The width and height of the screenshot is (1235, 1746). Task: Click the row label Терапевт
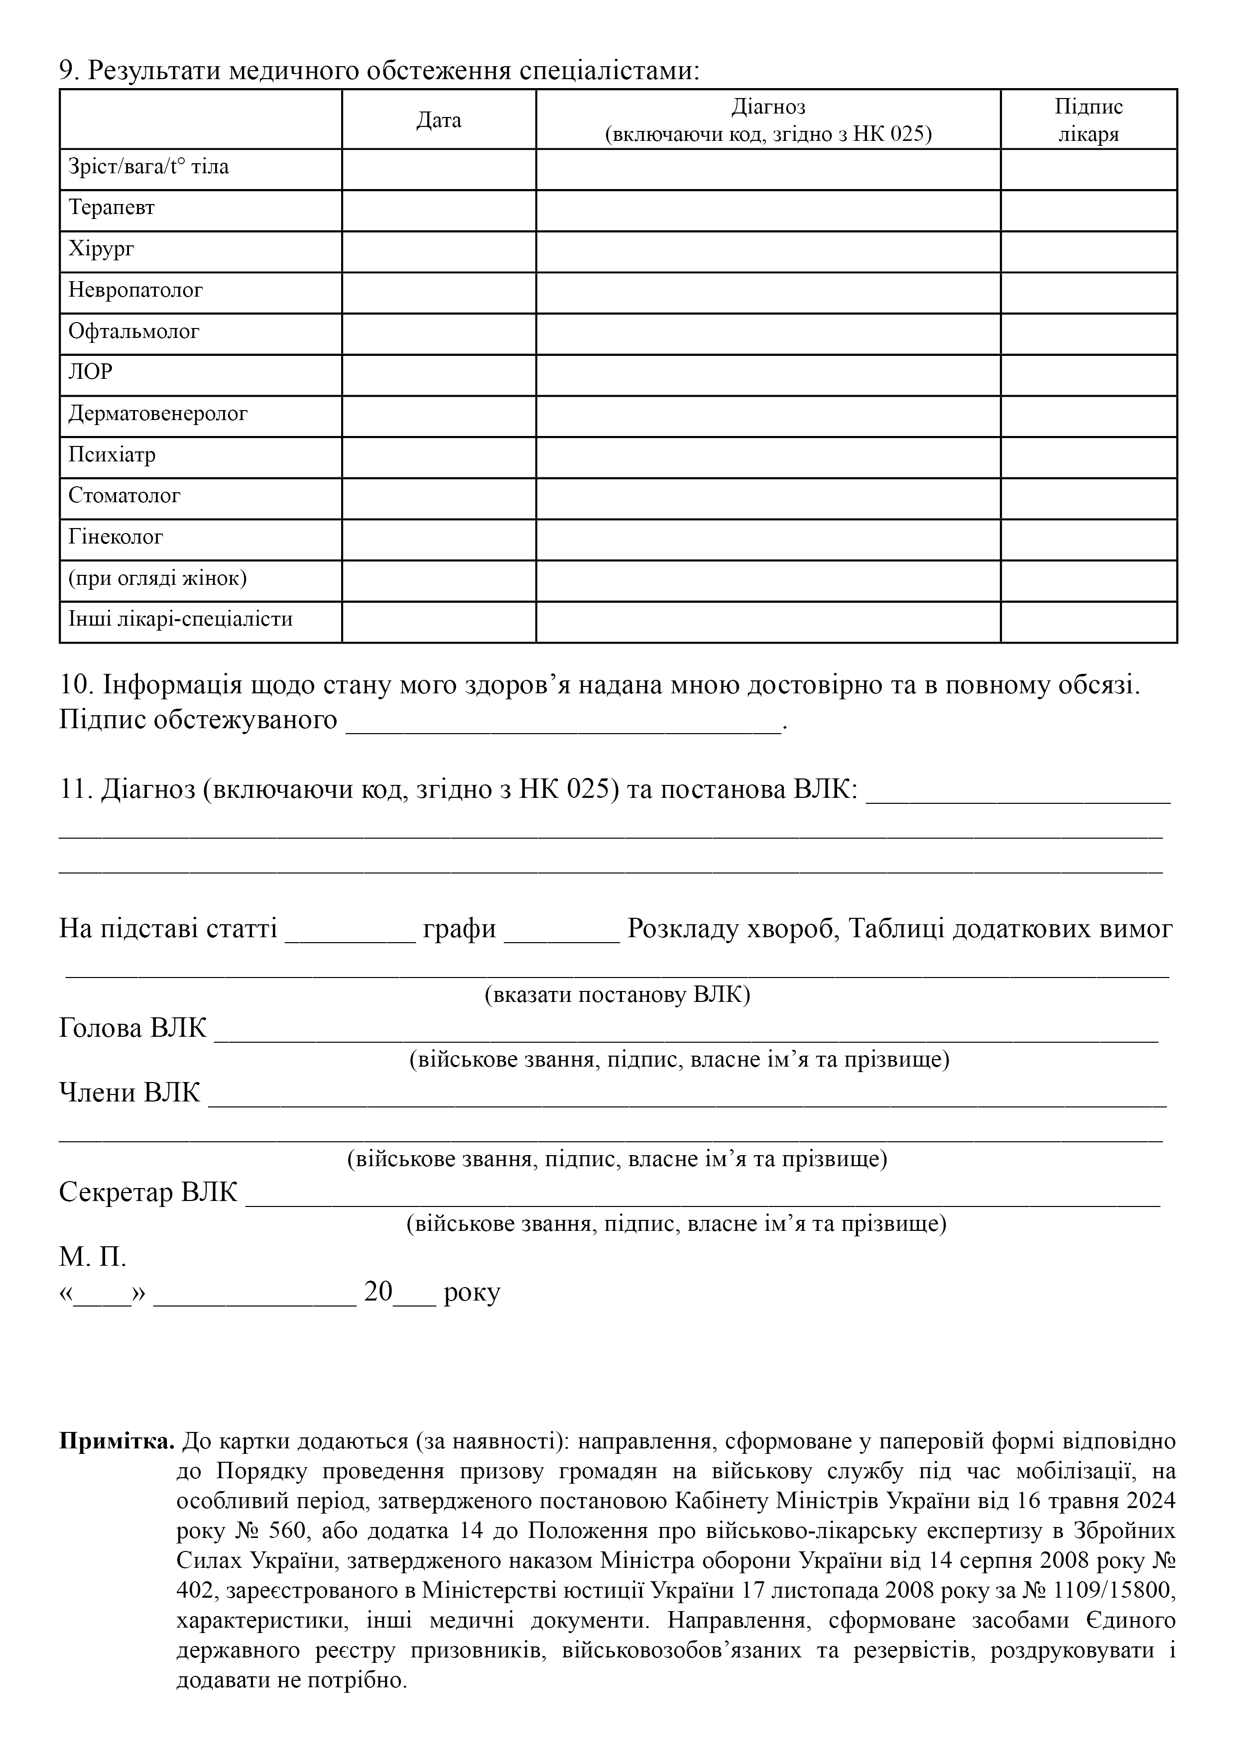[112, 208]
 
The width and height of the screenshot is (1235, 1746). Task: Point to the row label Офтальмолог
[134, 331]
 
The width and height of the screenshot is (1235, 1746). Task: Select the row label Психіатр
[112, 455]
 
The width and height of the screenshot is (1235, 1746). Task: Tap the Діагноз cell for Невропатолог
[768, 293]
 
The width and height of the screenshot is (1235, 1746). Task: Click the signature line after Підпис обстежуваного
[563, 722]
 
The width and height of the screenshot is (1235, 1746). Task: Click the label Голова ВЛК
[133, 1028]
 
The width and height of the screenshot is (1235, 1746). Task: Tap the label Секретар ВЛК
[148, 1192]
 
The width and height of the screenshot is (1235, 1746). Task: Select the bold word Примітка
[117, 1441]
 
